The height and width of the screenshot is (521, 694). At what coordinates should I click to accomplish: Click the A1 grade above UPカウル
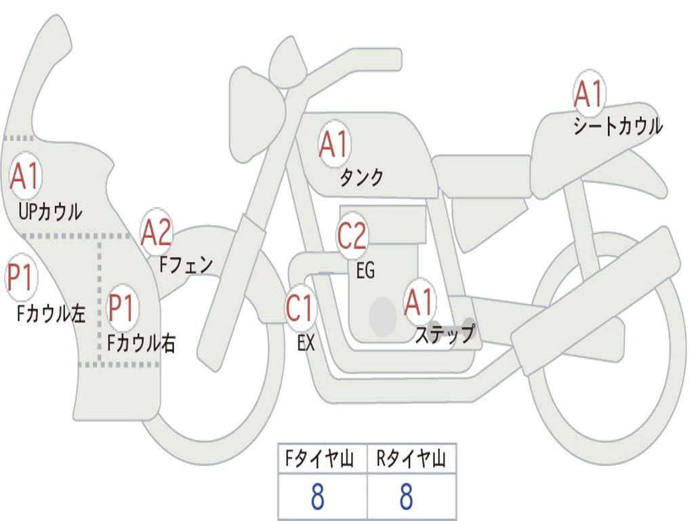point(25,177)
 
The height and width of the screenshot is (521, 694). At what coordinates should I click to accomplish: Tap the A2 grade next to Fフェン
point(156,232)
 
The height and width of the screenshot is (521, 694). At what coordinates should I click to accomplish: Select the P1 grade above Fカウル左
point(20,278)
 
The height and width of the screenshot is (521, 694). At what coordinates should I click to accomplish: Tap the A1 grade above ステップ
point(419,302)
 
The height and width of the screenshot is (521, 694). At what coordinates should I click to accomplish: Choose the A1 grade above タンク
point(333,144)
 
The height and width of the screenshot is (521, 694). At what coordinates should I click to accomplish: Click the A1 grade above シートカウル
point(588,94)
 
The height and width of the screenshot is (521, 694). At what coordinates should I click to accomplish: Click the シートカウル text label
point(617,126)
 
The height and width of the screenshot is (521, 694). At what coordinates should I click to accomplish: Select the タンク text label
point(361,177)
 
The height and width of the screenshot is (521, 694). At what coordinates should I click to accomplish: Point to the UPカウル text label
point(50,212)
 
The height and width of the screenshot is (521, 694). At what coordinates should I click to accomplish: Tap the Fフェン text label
point(186,264)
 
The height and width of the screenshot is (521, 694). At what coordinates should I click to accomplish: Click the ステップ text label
point(444,334)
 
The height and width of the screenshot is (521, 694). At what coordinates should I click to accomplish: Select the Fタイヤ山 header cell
point(322,460)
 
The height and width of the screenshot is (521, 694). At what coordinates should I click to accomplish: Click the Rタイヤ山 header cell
point(411,460)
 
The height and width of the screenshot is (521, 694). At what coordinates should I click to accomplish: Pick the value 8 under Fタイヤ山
point(317,497)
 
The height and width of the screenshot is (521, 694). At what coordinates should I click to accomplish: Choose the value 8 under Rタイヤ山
point(406,497)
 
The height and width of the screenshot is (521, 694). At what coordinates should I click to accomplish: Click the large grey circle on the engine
point(383,316)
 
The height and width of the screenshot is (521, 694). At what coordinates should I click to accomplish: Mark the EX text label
point(306,343)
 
